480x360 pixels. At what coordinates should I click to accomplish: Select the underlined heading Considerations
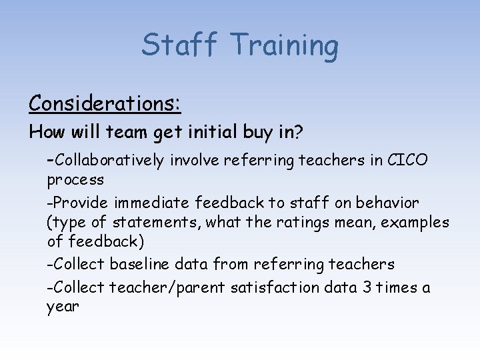(105, 103)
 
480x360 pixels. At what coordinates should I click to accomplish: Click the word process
(75, 180)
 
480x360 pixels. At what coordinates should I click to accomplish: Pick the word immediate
(151, 202)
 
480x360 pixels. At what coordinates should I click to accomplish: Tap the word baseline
(141, 265)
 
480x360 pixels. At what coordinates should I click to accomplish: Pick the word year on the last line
(63, 308)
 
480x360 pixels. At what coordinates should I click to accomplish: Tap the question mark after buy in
(299, 132)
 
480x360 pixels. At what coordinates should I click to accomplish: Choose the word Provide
(80, 202)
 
